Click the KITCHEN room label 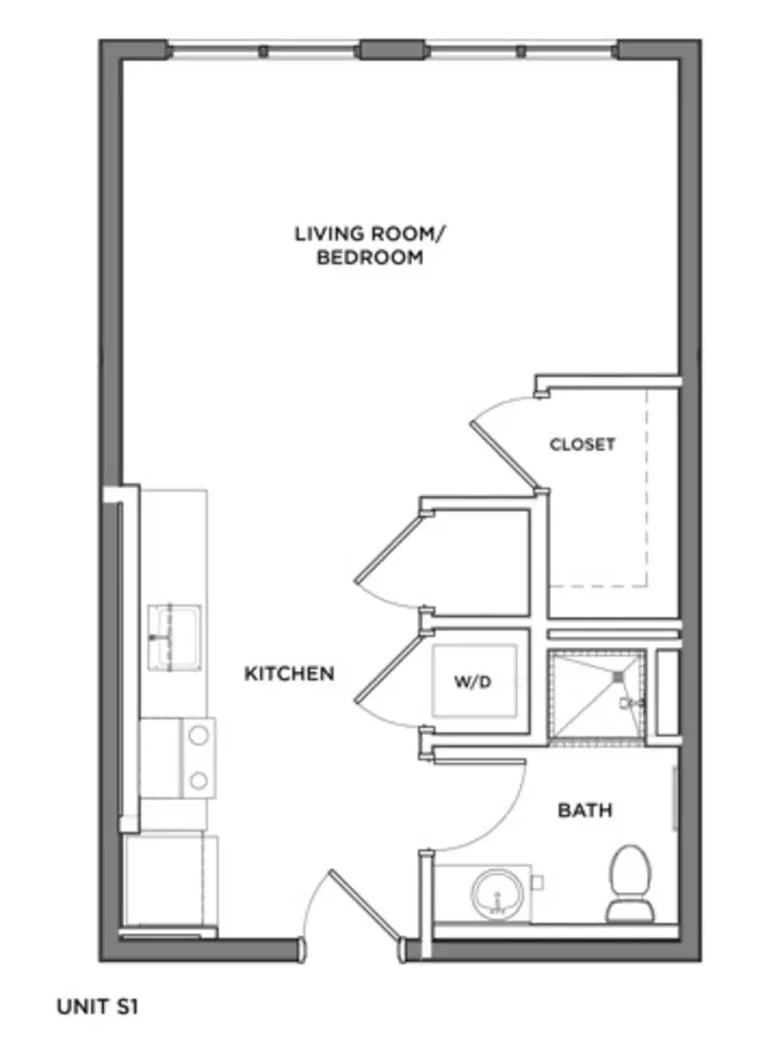289,674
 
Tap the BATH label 584,810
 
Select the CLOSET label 583,444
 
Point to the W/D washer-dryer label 473,681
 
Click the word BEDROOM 370,258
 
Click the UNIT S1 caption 97,1006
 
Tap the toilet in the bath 631,884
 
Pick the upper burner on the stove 198,735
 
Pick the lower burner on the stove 198,780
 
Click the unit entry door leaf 367,906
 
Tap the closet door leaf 505,455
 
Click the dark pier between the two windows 391,50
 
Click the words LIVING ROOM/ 370,234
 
